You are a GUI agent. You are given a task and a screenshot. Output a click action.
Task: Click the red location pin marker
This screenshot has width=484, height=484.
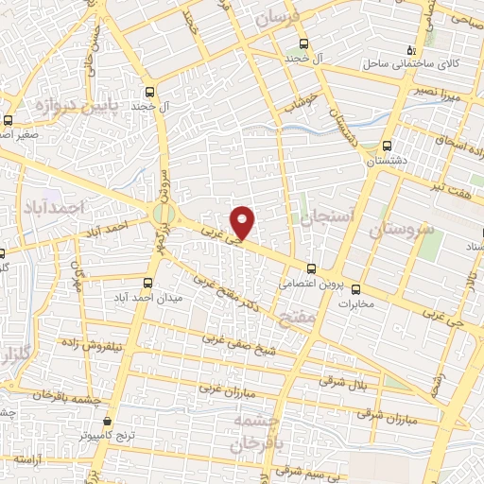click(244, 221)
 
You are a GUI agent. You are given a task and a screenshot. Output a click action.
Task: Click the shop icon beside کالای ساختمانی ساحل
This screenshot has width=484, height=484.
click(410, 49)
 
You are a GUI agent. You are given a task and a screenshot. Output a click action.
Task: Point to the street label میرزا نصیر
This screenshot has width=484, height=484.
click(440, 94)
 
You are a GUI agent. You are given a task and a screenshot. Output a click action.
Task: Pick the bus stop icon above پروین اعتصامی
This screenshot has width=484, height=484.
click(312, 268)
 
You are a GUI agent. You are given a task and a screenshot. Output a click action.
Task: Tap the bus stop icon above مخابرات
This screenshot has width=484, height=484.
click(356, 289)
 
